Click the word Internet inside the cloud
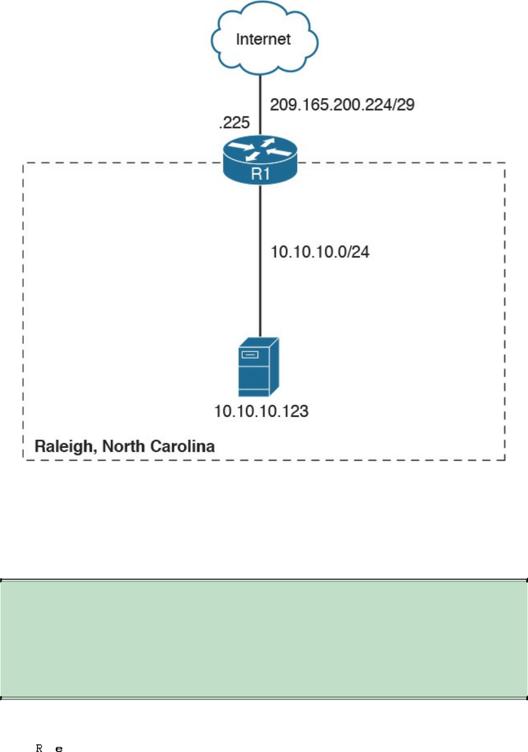click(263, 39)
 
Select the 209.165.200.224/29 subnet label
click(342, 105)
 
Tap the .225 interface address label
click(234, 122)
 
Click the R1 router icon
click(260, 160)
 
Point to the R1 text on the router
click(260, 173)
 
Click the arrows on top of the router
click(260, 149)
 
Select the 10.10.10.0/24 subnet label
click(320, 252)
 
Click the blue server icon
click(259, 367)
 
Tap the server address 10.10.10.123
click(261, 411)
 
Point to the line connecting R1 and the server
click(260, 260)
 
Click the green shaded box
click(264, 639)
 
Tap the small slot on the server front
click(250, 355)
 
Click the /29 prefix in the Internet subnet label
click(404, 105)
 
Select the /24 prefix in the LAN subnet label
click(359, 252)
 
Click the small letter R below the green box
click(39, 748)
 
